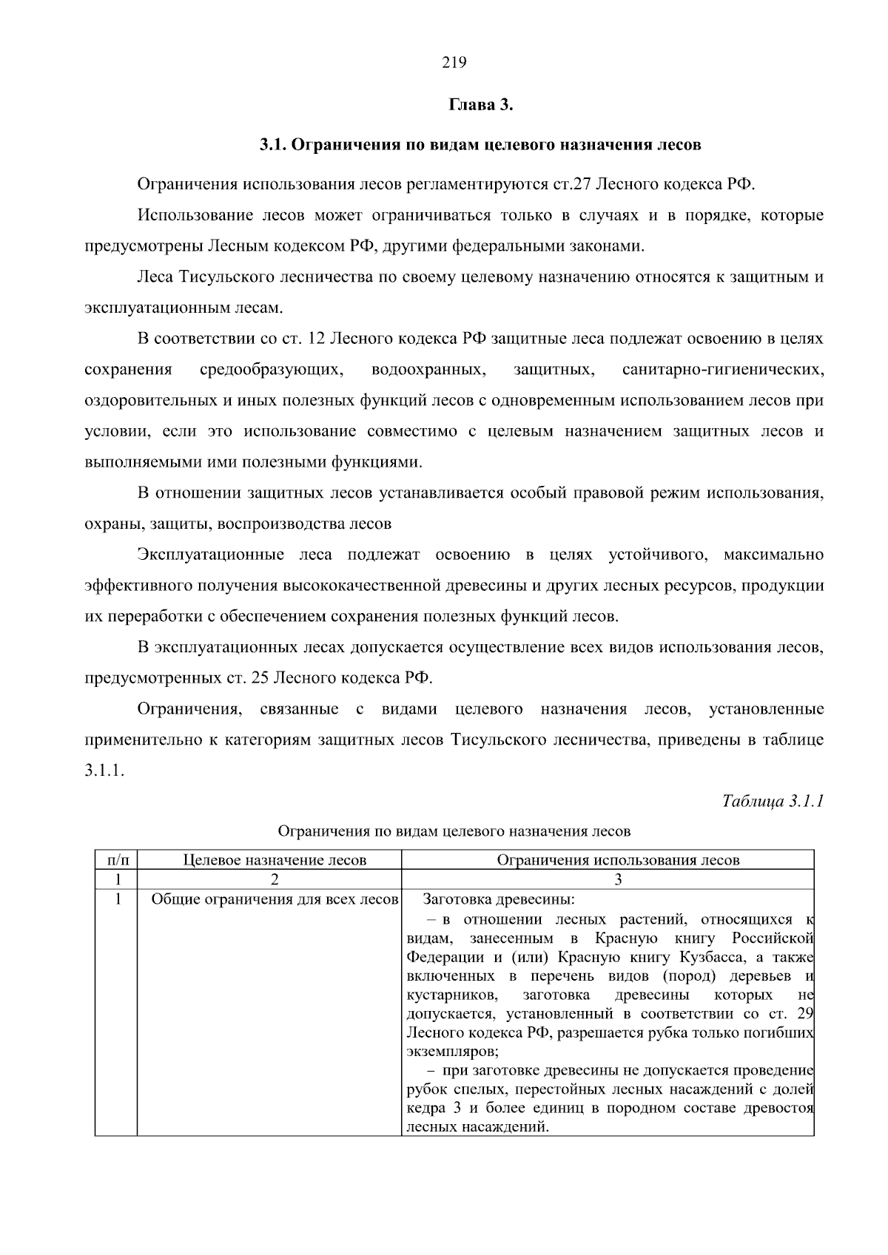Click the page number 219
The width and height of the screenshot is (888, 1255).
454,63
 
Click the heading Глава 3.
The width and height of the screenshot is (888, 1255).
480,104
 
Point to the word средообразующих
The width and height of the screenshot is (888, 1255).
271,369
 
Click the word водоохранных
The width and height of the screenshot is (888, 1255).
428,369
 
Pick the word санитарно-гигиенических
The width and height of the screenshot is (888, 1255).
723,369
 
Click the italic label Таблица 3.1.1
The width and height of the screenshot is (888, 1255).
773,802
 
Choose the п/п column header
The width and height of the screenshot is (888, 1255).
116,859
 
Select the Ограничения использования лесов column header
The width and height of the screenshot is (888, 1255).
618,859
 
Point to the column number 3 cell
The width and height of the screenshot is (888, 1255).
618,879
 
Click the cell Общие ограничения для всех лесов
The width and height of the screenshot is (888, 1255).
275,899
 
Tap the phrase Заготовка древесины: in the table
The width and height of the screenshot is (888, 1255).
498,899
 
